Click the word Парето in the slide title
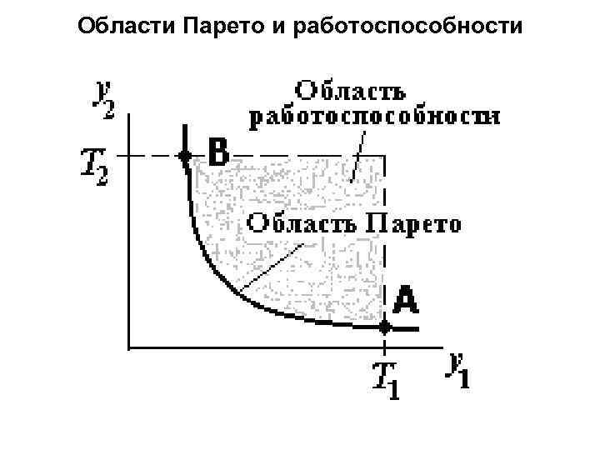coord(218,27)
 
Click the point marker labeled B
coord(184,155)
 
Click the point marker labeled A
coord(384,327)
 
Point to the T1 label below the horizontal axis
coord(385,379)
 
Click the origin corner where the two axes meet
coord(128,345)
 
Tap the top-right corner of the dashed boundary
coord(384,155)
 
